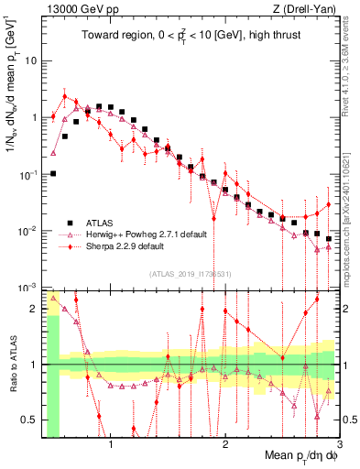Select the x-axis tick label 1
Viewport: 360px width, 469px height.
click(x=111, y=446)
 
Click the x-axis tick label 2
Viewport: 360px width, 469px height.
click(x=225, y=446)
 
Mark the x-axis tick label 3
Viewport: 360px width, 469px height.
click(x=339, y=446)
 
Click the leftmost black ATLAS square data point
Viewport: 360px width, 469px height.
click(x=53, y=173)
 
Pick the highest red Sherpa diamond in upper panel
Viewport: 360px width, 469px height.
click(x=65, y=96)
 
